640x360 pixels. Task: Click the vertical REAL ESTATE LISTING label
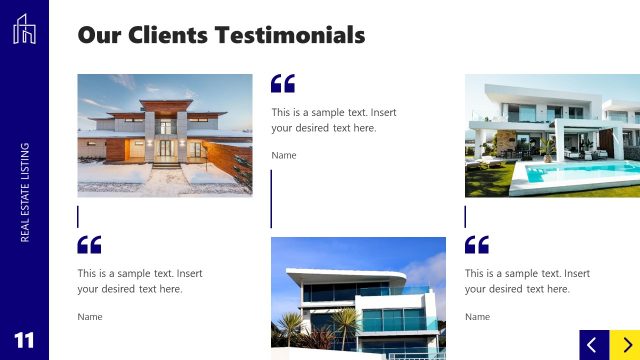pyautogui.click(x=24, y=191)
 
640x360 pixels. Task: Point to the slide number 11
pyautogui.click(x=24, y=340)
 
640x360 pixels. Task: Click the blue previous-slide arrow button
pyautogui.click(x=593, y=344)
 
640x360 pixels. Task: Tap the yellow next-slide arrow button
pyautogui.click(x=625, y=344)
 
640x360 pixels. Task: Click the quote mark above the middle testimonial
pyautogui.click(x=283, y=84)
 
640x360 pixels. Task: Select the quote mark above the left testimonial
pyautogui.click(x=89, y=244)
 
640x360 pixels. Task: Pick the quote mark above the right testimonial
pyautogui.click(x=477, y=244)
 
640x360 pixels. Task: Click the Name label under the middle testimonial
pyautogui.click(x=284, y=155)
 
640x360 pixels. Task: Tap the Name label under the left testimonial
pyautogui.click(x=90, y=316)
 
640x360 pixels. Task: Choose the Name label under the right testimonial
pyautogui.click(x=477, y=316)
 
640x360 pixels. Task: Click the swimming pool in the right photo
pyautogui.click(x=575, y=174)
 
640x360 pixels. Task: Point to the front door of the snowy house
pyautogui.click(x=166, y=151)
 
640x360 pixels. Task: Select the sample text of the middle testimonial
pyautogui.click(x=333, y=120)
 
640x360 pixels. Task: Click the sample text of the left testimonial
pyautogui.click(x=139, y=281)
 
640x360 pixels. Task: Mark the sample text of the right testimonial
pyautogui.click(x=527, y=281)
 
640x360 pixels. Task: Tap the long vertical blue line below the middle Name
pyautogui.click(x=271, y=198)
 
